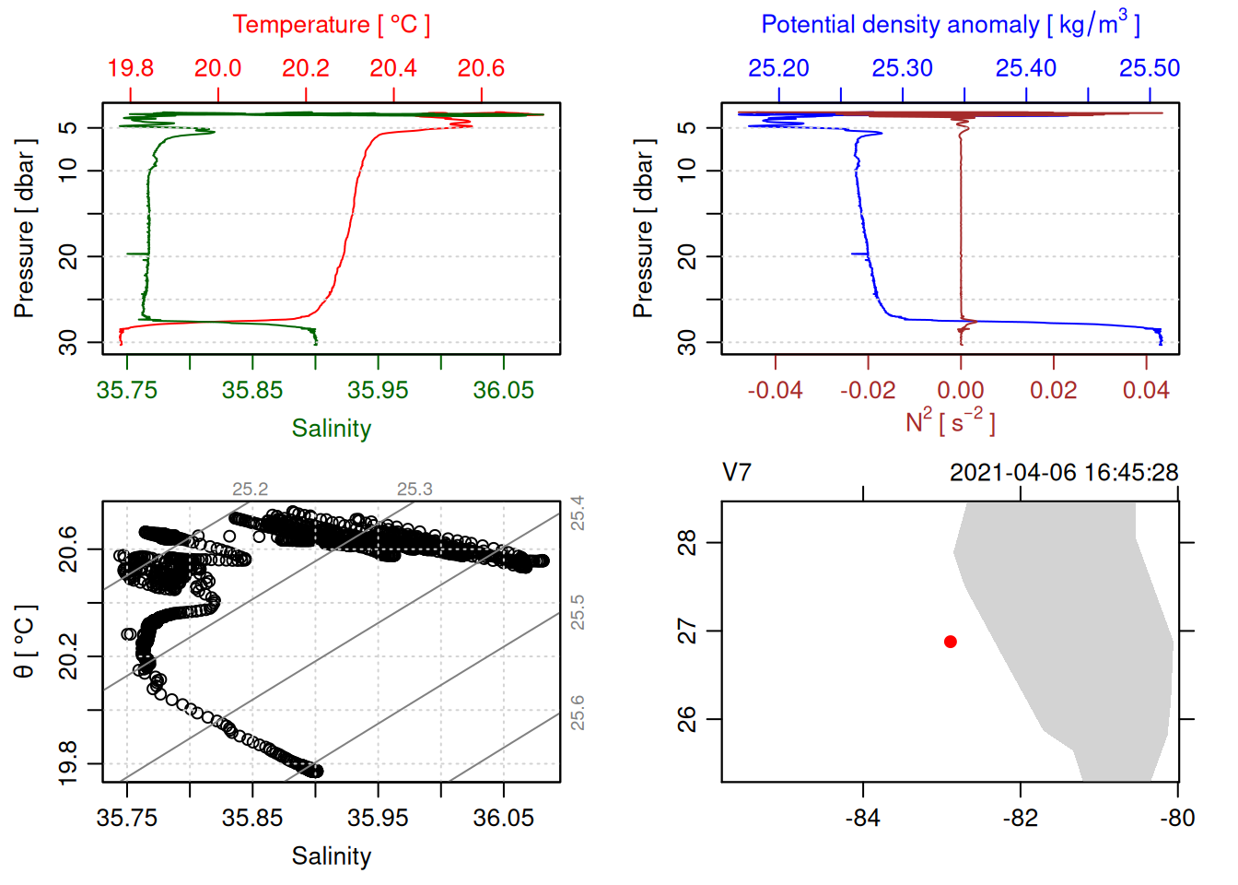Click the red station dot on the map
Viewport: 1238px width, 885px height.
tap(950, 642)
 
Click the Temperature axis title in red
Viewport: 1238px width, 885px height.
tap(332, 25)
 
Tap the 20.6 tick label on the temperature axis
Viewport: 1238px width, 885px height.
tap(481, 68)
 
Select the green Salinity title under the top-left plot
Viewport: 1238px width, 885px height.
tap(332, 429)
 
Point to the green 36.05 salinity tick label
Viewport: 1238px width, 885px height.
tap(503, 390)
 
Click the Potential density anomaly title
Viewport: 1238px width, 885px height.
tap(950, 25)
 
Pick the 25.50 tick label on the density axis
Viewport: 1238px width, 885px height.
tap(1150, 68)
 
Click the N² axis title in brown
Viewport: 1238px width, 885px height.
tap(950, 421)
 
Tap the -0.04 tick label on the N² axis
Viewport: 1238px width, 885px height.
tap(775, 390)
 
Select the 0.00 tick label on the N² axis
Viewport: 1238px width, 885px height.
tap(961, 390)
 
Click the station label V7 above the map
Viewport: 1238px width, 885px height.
tap(737, 473)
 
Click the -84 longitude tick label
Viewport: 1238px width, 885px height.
tap(863, 818)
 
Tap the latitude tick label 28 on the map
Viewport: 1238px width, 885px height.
tap(687, 543)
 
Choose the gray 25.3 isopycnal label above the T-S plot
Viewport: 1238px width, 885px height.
tap(415, 490)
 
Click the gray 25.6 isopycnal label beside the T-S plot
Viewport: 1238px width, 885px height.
tap(578, 713)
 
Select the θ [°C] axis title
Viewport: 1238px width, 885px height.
tap(25, 642)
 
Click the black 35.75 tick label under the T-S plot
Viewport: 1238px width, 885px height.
tap(127, 818)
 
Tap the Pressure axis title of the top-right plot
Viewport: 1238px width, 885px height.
tap(643, 229)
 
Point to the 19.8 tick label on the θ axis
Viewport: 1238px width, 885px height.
tap(68, 763)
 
